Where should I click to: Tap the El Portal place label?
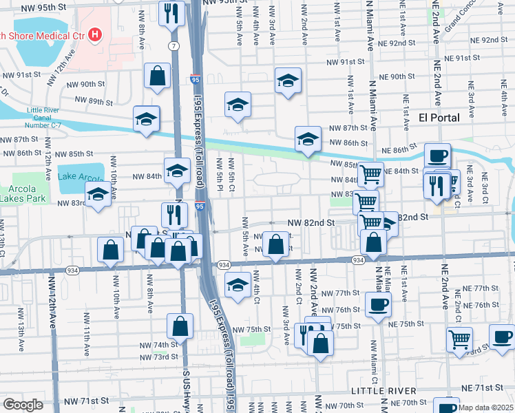click(x=439, y=118)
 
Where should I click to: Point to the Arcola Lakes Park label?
click(x=21, y=193)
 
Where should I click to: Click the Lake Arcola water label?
click(x=81, y=177)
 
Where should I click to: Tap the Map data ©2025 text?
click(x=486, y=407)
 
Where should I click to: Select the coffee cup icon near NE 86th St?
click(x=437, y=156)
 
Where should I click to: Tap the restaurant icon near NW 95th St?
click(x=170, y=13)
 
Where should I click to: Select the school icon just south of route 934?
click(x=238, y=285)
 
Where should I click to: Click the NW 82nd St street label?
click(x=311, y=223)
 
